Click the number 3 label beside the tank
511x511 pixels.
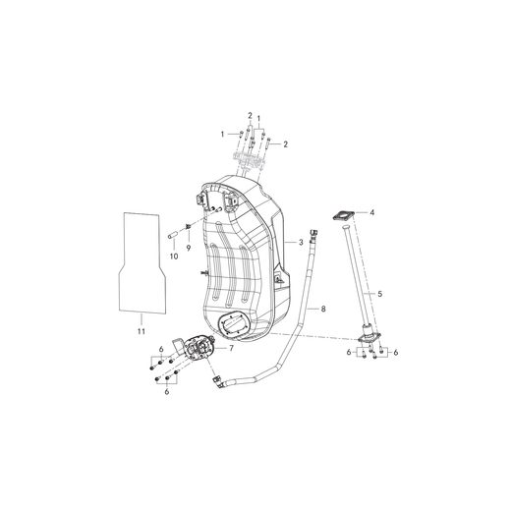click(x=301, y=241)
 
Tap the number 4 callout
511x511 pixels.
click(x=371, y=211)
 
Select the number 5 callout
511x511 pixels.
click(x=379, y=295)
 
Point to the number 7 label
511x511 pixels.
click(x=232, y=347)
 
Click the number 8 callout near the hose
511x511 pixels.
click(x=322, y=308)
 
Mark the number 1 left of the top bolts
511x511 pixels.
click(x=223, y=133)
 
